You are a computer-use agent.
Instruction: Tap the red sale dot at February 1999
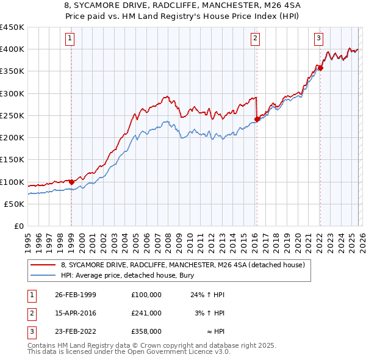71,181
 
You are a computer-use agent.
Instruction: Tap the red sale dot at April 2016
257,119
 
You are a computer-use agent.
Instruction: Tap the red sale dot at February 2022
320,68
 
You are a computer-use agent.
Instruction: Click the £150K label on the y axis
12,160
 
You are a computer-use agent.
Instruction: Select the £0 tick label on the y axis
19,226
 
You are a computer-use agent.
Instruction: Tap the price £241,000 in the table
146,313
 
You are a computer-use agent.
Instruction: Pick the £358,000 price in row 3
146,331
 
